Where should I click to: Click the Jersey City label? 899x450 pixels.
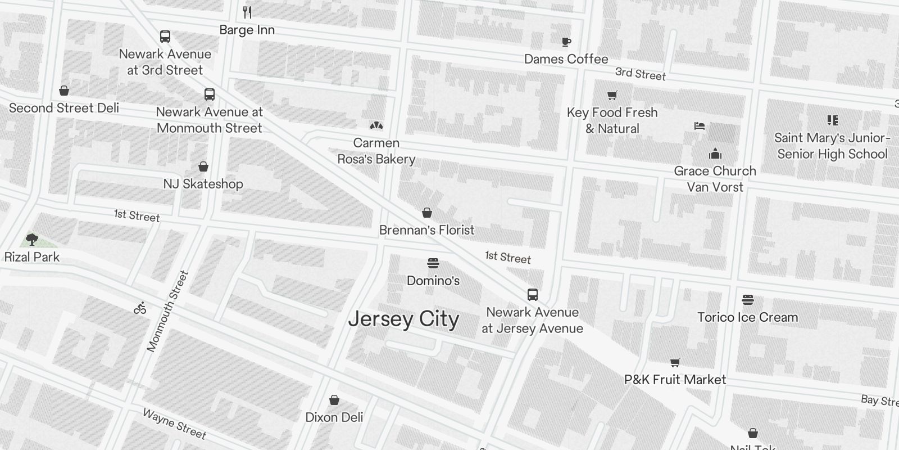[403, 319]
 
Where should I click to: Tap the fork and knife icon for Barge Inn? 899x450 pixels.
[247, 12]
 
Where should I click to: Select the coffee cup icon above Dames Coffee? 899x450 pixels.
[566, 42]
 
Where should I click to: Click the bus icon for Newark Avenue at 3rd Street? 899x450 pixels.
[165, 37]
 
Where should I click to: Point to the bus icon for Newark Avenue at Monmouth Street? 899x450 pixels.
[210, 94]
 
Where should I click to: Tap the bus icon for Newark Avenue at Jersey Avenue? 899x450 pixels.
[533, 294]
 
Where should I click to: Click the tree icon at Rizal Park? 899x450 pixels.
[32, 239]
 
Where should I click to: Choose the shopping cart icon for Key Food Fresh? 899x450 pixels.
[612, 95]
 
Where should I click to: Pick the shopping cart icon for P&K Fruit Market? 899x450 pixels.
[675, 363]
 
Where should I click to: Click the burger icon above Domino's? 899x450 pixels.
[433, 263]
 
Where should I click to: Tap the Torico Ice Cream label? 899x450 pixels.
[747, 317]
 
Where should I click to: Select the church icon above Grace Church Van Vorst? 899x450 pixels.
[715, 154]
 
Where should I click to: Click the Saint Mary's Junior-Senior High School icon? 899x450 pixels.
[833, 120]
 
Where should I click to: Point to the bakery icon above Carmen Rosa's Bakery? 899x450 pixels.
[376, 125]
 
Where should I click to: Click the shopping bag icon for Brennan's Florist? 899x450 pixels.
[427, 213]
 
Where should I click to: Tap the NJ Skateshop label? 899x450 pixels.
[203, 184]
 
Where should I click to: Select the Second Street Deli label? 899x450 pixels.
[64, 108]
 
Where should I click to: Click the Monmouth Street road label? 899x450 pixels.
[167, 311]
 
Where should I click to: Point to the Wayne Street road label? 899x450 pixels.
[175, 423]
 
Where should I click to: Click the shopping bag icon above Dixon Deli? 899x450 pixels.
[334, 400]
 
